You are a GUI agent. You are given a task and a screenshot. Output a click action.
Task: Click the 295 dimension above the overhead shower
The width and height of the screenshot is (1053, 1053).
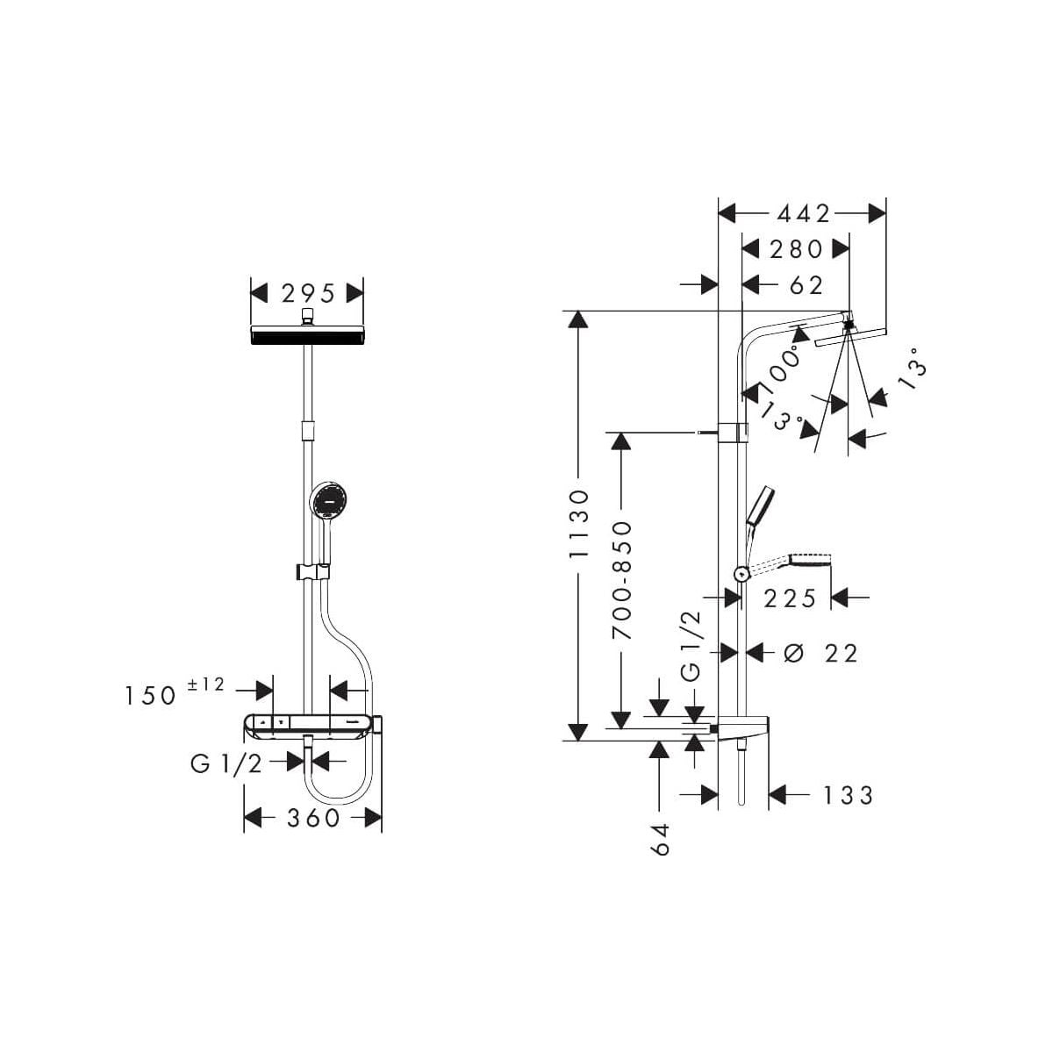click(x=308, y=294)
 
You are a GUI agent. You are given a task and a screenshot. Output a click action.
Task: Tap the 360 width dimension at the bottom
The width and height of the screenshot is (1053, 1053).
click(x=313, y=818)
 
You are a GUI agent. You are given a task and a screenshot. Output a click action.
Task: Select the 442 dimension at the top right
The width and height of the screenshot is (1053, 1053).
click(x=803, y=213)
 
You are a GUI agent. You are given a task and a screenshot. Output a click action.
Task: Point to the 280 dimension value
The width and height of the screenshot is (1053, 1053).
click(x=796, y=250)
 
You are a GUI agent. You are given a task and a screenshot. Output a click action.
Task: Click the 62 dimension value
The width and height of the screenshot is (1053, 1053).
click(x=806, y=285)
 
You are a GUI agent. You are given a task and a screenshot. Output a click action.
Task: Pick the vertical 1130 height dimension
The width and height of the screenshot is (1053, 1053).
click(x=578, y=524)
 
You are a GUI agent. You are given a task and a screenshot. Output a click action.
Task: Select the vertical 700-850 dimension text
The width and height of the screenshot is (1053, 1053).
click(x=621, y=581)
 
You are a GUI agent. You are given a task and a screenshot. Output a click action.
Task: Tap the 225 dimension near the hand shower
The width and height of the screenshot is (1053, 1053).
click(x=790, y=598)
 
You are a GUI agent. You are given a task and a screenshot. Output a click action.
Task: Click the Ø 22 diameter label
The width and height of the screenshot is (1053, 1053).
click(x=820, y=653)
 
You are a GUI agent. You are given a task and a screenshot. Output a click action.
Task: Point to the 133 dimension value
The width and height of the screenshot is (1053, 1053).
click(x=848, y=796)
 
